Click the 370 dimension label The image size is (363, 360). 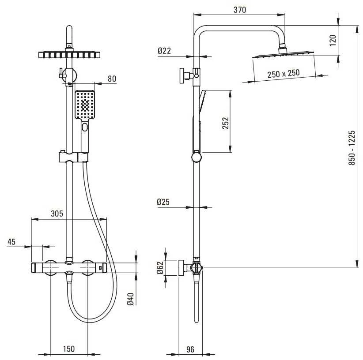[240, 10]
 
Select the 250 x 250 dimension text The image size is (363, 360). [284, 74]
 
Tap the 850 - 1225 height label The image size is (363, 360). [352, 148]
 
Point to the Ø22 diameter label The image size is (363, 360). [164, 51]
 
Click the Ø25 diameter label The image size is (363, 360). [163, 202]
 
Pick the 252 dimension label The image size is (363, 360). [225, 123]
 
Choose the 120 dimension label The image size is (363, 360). [333, 40]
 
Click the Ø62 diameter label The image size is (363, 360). [160, 267]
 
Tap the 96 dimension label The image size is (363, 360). [190, 349]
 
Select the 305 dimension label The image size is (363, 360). [57, 214]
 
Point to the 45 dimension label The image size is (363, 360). [11, 242]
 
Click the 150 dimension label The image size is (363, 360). [69, 349]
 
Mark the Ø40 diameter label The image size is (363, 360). [131, 299]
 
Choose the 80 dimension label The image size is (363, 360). [112, 79]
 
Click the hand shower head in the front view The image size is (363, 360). [85, 105]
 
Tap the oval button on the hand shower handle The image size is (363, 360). [85, 127]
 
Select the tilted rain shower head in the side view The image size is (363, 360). [283, 55]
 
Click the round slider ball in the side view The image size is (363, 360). [197, 157]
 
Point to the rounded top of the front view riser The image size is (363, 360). [69, 28]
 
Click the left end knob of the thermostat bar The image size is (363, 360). [37, 268]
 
